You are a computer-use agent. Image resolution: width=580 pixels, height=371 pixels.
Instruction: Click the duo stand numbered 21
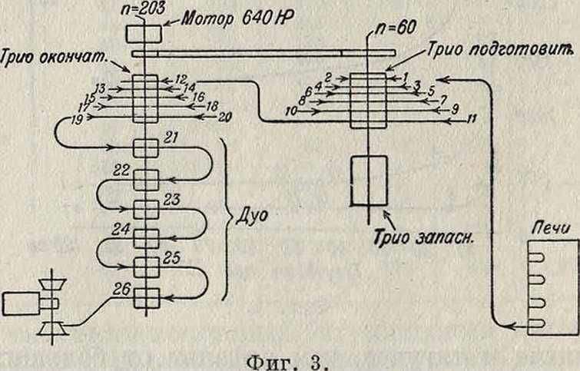click(x=144, y=148)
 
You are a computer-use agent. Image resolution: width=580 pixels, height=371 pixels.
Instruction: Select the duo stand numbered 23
click(x=144, y=208)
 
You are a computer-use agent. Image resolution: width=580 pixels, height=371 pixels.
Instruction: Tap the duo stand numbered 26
click(x=144, y=295)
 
